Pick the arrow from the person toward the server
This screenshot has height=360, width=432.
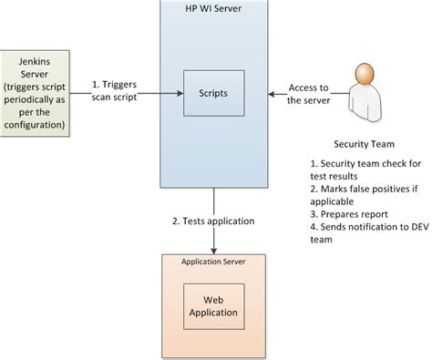[x=292, y=92]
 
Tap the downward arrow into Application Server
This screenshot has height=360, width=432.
[x=214, y=223]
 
